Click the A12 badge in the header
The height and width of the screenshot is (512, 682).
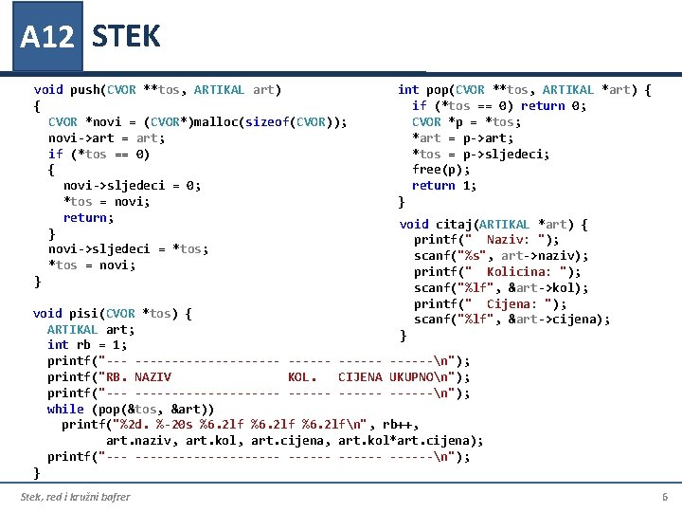pyautogui.click(x=46, y=37)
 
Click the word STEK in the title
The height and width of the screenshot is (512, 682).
pyautogui.click(x=126, y=37)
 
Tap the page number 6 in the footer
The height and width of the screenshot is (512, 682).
pyautogui.click(x=664, y=497)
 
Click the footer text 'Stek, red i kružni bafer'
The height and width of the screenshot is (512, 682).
pyautogui.click(x=76, y=497)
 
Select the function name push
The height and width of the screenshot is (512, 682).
pyautogui.click(x=84, y=90)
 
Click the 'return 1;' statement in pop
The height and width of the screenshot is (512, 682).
pyautogui.click(x=444, y=186)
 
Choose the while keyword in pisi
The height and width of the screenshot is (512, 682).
pyautogui.click(x=65, y=409)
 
